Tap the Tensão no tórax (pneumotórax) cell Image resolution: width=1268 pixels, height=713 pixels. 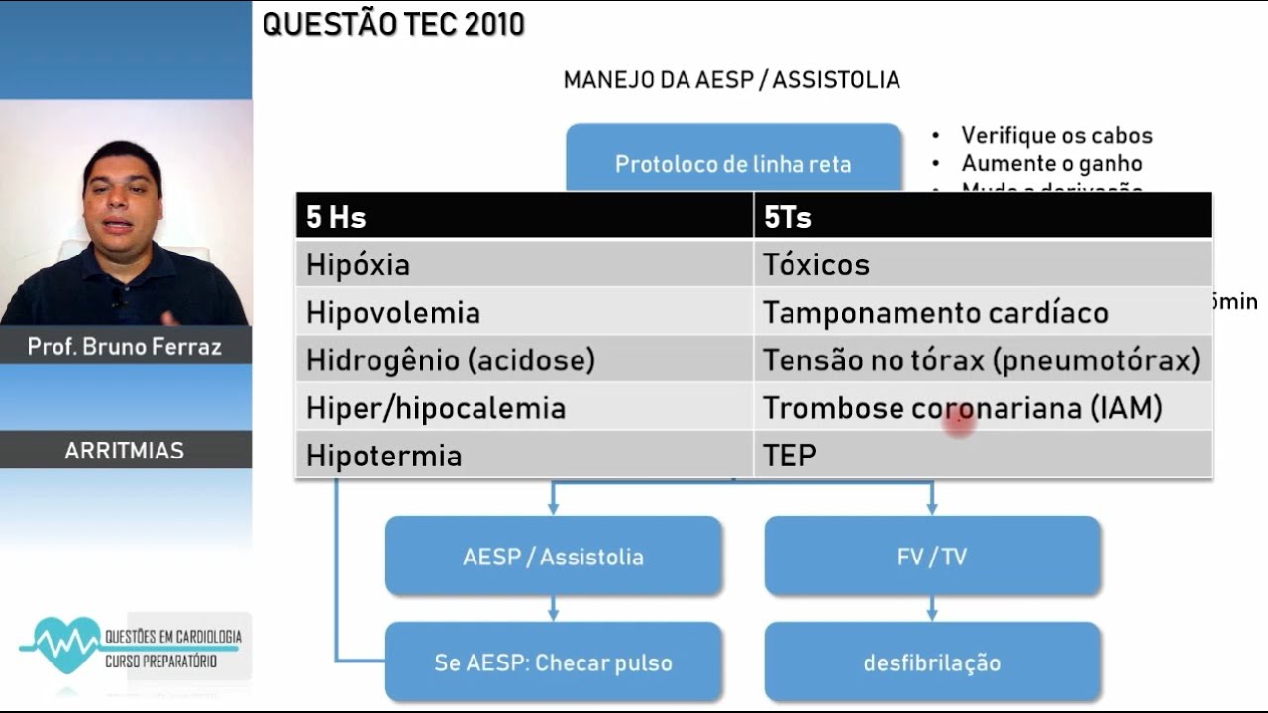tap(981, 360)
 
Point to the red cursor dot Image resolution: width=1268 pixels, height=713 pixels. tap(959, 424)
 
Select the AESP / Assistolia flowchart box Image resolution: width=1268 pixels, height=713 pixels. tap(553, 557)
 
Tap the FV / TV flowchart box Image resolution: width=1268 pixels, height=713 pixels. tap(932, 557)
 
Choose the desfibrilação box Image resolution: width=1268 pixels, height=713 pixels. tap(932, 662)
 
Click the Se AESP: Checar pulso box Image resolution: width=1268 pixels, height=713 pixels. tap(553, 662)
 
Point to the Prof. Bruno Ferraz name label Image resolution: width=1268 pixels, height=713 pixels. tap(125, 347)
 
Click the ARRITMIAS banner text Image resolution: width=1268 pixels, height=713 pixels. tap(125, 451)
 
